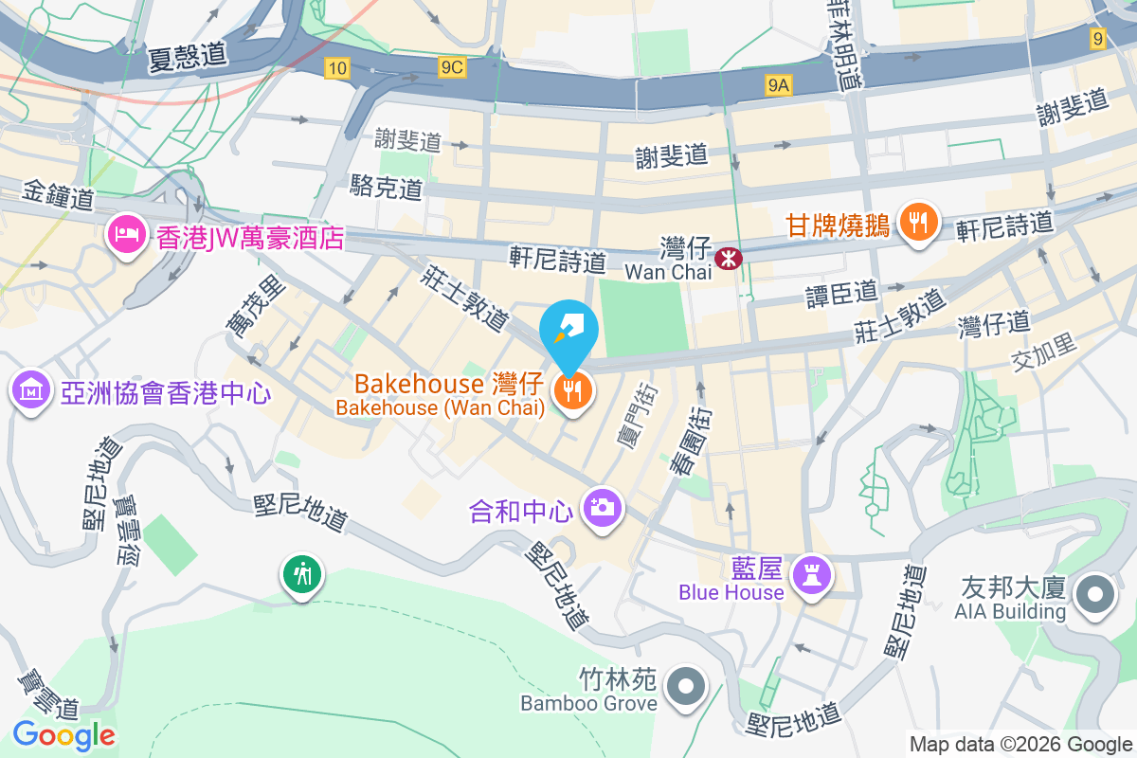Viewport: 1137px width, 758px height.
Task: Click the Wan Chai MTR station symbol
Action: pyautogui.click(x=728, y=257)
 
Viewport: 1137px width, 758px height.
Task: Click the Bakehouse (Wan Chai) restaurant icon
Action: pyautogui.click(x=571, y=390)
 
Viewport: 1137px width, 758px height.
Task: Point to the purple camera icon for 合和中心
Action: pyautogui.click(x=601, y=508)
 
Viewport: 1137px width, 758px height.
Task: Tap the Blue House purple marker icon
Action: pyautogui.click(x=812, y=573)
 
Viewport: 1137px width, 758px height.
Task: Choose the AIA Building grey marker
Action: pyautogui.click(x=1096, y=594)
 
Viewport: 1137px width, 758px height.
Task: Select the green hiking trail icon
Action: pyautogui.click(x=302, y=573)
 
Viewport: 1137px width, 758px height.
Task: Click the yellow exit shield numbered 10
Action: pyautogui.click(x=336, y=67)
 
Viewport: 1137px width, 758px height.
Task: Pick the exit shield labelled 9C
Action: pyautogui.click(x=453, y=67)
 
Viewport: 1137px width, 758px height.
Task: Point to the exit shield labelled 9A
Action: pyautogui.click(x=778, y=86)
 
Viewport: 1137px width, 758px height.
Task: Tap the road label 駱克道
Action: pyautogui.click(x=386, y=187)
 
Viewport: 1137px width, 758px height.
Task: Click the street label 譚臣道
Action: pyautogui.click(x=841, y=293)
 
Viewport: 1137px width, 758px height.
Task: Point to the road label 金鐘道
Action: pyautogui.click(x=58, y=199)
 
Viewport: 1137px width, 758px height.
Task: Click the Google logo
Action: pyautogui.click(x=63, y=734)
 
